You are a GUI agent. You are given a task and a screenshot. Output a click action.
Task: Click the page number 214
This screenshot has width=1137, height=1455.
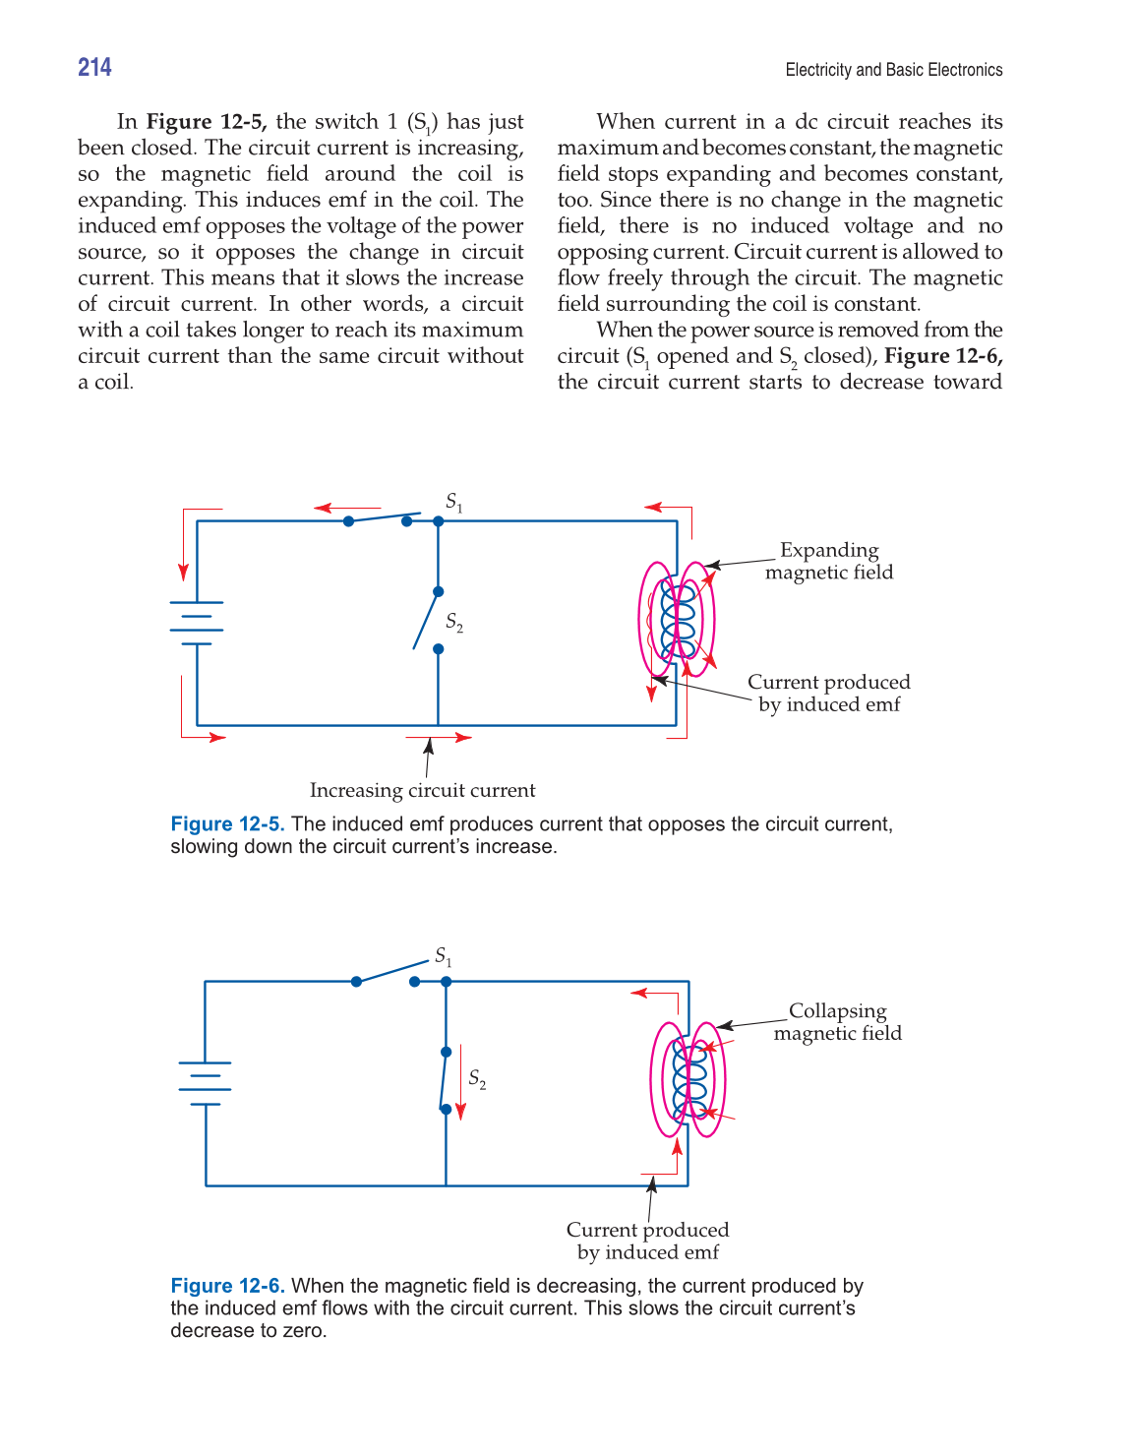[x=94, y=67]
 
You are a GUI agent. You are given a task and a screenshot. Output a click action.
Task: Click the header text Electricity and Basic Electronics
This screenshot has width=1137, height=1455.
[x=893, y=70]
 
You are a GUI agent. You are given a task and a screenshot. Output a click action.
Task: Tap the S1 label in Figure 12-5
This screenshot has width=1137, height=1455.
[x=453, y=502]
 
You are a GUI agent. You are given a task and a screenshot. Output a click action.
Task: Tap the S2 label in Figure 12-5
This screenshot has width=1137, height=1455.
[x=453, y=622]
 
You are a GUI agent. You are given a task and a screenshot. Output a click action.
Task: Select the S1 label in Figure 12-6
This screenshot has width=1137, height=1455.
[x=444, y=956]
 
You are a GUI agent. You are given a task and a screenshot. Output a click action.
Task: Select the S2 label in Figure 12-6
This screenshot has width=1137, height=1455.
[x=477, y=1079]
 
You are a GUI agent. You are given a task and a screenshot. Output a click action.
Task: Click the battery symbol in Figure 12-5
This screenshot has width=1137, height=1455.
[x=197, y=623]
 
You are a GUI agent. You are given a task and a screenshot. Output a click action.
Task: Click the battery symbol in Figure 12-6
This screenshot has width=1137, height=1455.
[x=205, y=1083]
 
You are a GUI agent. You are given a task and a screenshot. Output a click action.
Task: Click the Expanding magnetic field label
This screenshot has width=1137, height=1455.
[x=829, y=561]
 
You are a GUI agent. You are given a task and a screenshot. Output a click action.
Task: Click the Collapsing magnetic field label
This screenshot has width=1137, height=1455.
[x=837, y=1022]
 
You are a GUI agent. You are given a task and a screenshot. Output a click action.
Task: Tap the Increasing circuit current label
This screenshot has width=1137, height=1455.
[x=422, y=790]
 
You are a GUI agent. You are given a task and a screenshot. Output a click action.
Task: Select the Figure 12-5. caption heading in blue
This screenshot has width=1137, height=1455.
[x=227, y=824]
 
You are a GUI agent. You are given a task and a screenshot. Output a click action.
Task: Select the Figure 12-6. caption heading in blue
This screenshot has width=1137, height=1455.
[x=227, y=1286]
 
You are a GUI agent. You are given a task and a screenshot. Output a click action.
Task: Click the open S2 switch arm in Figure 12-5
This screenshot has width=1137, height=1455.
[x=426, y=620]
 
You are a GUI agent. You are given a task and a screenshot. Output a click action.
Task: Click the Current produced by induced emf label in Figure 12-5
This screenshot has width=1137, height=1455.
[x=828, y=693]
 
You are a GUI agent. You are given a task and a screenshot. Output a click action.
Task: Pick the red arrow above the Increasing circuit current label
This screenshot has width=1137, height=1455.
[x=439, y=737]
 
